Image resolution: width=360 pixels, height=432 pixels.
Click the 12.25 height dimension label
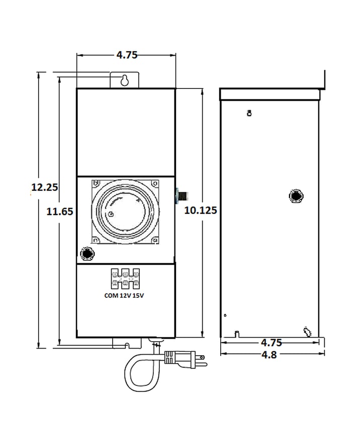coord(44,187)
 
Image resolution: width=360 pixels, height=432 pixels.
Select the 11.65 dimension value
coord(60,211)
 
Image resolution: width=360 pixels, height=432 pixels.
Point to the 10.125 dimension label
coord(201,210)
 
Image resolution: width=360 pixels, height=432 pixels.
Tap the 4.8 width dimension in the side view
coord(269,355)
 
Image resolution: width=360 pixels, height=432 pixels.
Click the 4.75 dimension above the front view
coord(127,55)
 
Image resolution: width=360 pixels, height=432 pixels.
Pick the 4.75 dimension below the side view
coord(272,343)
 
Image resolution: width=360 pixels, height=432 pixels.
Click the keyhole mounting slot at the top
coord(125,80)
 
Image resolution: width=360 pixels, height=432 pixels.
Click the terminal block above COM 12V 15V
coord(125,279)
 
